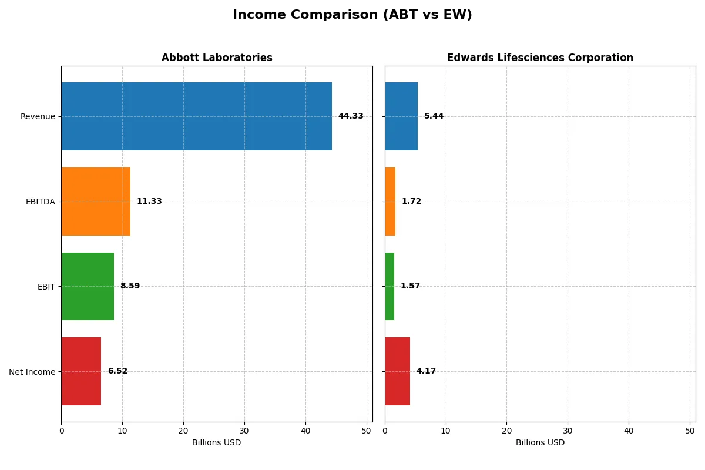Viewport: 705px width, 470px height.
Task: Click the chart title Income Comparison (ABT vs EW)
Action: [352, 15]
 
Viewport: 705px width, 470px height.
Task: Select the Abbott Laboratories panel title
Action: [217, 58]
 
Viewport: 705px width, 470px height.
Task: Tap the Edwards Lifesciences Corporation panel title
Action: [540, 58]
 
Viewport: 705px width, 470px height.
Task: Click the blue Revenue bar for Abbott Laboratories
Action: [196, 116]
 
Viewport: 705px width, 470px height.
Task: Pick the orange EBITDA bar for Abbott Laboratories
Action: [96, 202]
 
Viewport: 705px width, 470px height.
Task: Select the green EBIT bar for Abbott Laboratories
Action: [88, 286]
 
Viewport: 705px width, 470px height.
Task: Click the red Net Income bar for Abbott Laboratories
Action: [81, 371]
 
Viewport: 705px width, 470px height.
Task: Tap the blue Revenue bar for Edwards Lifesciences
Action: [401, 116]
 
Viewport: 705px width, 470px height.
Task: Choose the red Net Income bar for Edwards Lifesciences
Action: [397, 371]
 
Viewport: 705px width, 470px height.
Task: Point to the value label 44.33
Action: [351, 116]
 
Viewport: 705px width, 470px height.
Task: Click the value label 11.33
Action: [149, 202]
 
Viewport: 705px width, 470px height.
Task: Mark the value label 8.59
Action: [130, 286]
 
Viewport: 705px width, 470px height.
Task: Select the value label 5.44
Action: [434, 116]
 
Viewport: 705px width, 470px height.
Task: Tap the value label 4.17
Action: [426, 371]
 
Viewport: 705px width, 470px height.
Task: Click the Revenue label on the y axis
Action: [38, 116]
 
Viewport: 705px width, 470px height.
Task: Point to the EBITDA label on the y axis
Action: [40, 202]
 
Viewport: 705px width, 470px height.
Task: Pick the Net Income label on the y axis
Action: [32, 371]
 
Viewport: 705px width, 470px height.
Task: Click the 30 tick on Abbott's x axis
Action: [244, 431]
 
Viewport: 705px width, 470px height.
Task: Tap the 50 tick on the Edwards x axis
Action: [690, 431]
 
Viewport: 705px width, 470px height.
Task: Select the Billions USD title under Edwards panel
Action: [540, 442]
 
